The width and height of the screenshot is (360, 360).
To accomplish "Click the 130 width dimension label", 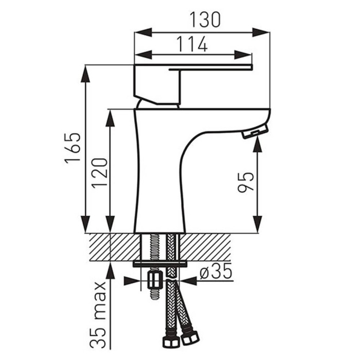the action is pos(205,20).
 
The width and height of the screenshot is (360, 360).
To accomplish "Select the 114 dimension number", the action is pos(192,44).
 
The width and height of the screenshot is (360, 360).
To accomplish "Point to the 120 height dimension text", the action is pos(100,173).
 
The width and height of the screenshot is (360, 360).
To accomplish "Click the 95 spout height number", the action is pos(246,182).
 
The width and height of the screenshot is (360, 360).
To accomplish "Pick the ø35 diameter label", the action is pos(216,271).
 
